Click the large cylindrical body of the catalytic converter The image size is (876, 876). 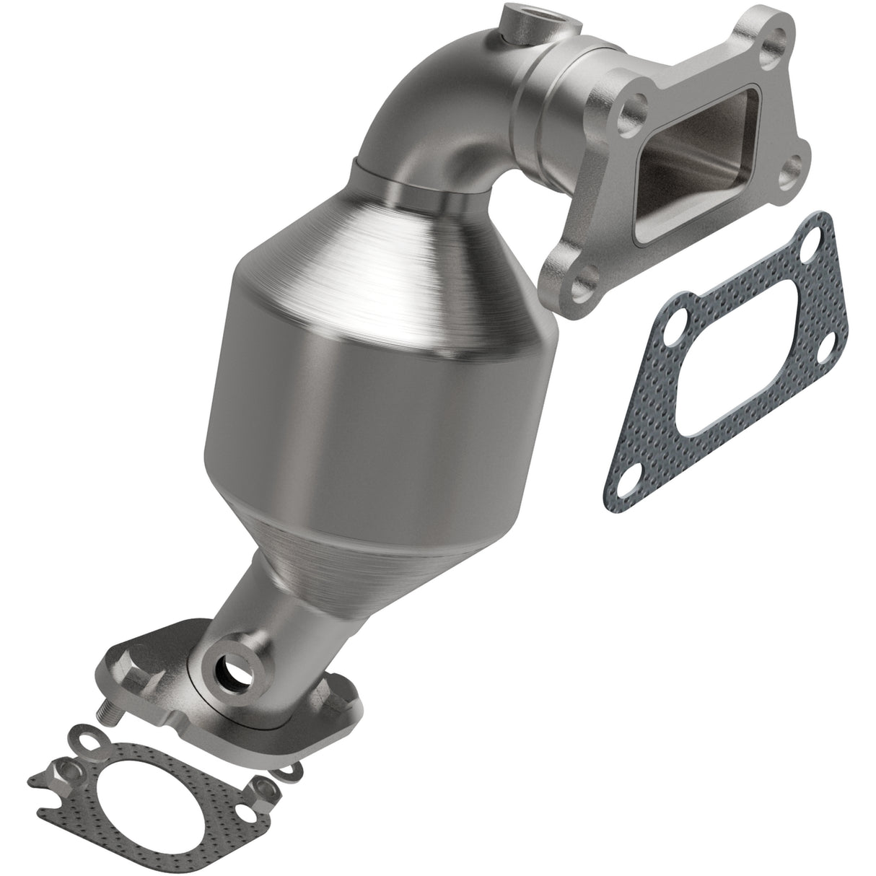tap(375, 404)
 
